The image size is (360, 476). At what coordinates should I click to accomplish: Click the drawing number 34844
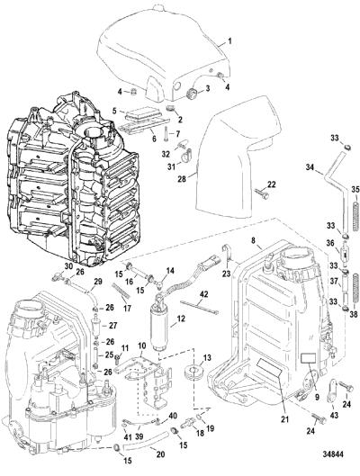coord(332,454)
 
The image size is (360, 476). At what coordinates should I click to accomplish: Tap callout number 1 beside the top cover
coord(229,41)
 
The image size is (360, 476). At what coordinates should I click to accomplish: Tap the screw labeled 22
coord(260,194)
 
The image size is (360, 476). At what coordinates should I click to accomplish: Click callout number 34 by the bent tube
coord(310,167)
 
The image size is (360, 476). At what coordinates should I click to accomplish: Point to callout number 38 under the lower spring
coord(354,315)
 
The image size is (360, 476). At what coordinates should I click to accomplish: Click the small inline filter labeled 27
coord(96,326)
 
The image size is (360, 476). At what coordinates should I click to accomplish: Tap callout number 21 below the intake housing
coord(284,419)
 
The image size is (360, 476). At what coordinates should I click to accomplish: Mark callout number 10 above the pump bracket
coord(142,346)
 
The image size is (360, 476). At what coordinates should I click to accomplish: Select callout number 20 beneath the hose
coord(160,454)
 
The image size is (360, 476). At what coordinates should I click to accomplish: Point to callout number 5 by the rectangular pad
coord(114,111)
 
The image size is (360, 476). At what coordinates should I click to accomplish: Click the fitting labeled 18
coord(188,424)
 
